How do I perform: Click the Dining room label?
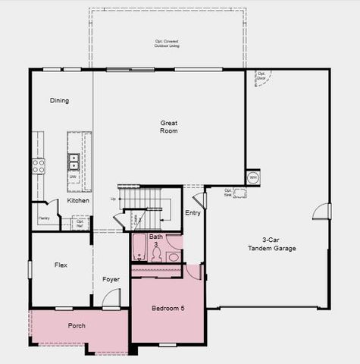[59, 101]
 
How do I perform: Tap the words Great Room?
[168, 127]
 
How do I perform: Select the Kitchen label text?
[78, 201]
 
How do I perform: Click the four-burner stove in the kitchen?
[38, 166]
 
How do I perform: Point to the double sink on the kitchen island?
[74, 161]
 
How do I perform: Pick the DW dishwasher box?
[74, 177]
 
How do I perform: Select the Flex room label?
[61, 265]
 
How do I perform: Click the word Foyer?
[111, 280]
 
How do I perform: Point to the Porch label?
[77, 326]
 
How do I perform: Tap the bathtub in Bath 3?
[139, 248]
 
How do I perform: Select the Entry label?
[193, 213]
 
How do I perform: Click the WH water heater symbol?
[252, 177]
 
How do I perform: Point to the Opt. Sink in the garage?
[239, 193]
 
